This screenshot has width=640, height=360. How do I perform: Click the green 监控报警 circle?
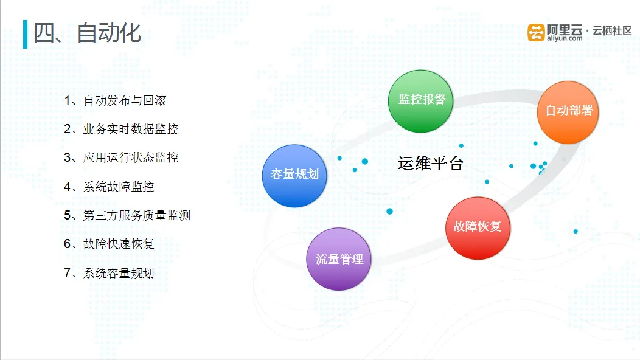coord(420,101)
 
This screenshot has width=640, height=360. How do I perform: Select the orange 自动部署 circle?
coord(568,112)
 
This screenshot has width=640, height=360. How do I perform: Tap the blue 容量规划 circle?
coord(294,176)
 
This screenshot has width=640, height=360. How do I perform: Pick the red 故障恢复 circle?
coord(478,228)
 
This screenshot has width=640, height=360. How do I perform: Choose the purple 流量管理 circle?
coord(339,259)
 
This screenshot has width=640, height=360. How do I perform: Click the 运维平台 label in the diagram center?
coord(431,163)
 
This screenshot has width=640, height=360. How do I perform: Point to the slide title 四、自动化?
coord(87,33)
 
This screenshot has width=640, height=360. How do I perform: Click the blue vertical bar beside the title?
coord(26,34)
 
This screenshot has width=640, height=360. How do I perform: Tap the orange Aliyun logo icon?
coord(536,32)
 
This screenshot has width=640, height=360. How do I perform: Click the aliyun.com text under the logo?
coord(565,38)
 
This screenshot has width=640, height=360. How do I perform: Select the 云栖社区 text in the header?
coord(612,30)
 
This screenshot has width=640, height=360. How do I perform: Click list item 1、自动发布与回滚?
coord(115,100)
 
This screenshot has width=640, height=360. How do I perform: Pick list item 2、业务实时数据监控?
coord(121,129)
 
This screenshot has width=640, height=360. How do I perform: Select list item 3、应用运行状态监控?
coord(121,157)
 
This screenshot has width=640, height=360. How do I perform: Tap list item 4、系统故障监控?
coord(109,187)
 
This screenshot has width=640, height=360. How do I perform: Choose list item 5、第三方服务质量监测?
coord(127,215)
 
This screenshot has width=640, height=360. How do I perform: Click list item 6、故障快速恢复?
coord(109,244)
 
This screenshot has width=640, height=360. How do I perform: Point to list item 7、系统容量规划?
coord(109,273)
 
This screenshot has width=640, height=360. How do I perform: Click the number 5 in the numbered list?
coord(68,215)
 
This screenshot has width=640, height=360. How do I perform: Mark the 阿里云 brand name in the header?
coord(565,29)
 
